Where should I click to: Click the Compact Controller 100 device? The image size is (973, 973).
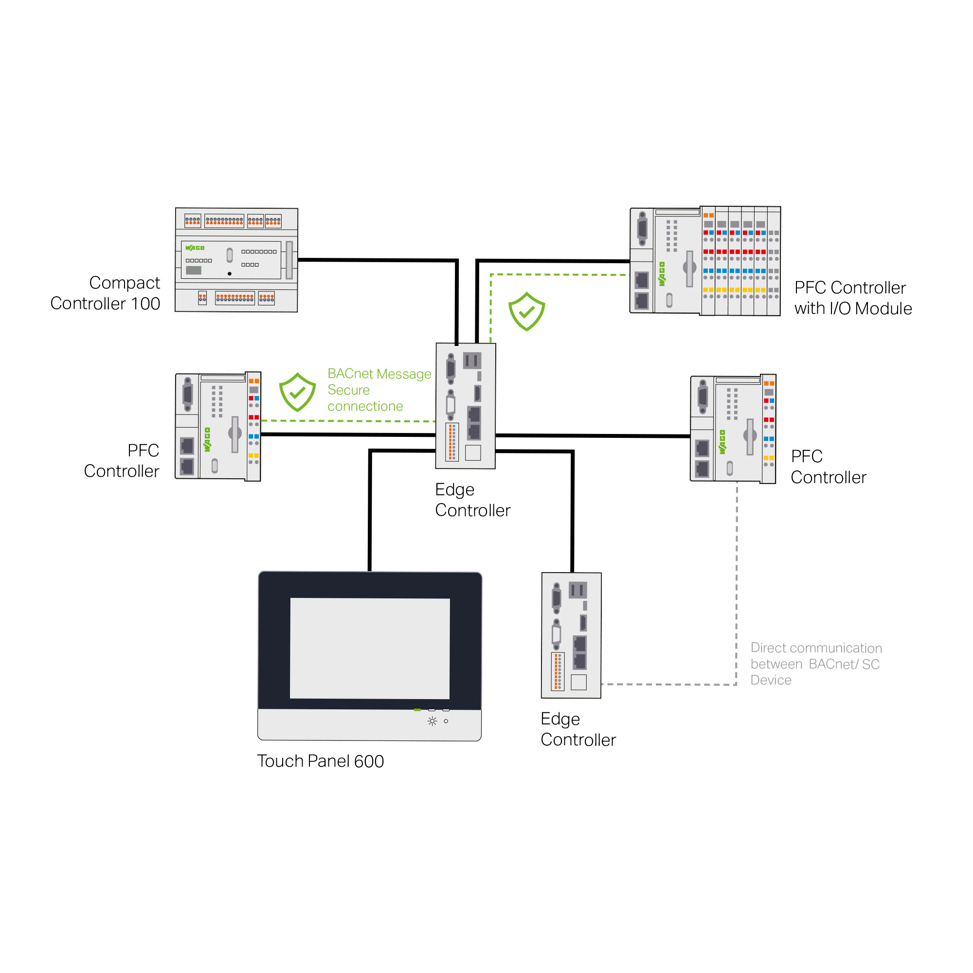pos(236,260)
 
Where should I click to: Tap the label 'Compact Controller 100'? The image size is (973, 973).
pos(105,293)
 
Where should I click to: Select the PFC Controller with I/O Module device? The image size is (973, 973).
pos(705,261)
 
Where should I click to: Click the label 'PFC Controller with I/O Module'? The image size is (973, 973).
pos(853,298)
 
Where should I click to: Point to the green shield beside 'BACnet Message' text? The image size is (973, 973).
pos(297,392)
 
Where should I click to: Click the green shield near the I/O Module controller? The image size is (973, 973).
pos(526,311)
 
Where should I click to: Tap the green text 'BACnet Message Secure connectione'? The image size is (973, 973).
pos(378,390)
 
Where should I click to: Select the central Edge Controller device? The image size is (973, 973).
pos(466,405)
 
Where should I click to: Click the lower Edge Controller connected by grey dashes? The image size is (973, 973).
pos(571,635)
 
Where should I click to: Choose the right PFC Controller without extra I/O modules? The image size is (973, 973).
pos(733,429)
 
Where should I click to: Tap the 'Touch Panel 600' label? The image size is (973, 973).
pos(320,761)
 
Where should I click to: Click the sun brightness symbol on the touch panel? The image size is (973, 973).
pos(432,721)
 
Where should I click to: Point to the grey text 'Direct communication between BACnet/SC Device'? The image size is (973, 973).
pos(816,664)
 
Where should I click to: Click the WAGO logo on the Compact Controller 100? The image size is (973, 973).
pos(195,248)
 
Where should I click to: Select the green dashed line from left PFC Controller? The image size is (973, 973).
pos(347,420)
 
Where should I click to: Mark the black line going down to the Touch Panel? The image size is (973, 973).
pos(370,509)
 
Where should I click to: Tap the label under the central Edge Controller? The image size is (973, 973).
pos(472,500)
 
